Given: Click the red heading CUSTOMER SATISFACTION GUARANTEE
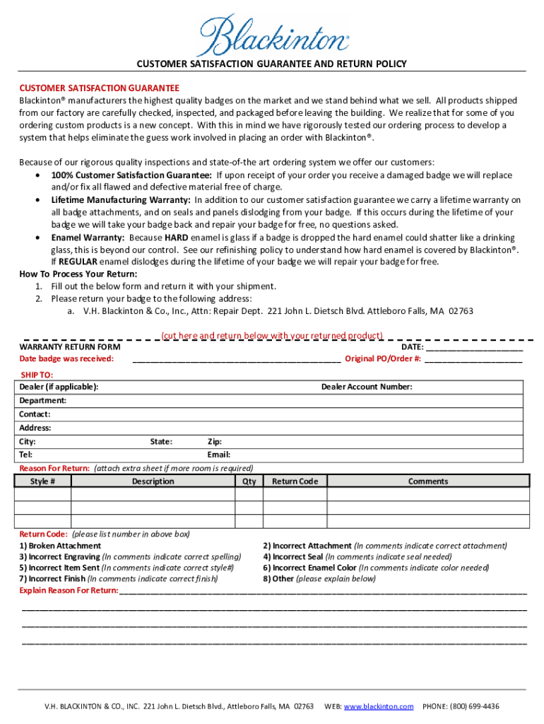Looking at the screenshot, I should (x=99, y=88).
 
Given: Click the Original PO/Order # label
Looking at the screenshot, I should (x=383, y=358).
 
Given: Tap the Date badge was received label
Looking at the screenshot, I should (x=66, y=358).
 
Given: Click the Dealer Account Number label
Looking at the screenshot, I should (x=367, y=387).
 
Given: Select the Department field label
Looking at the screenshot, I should (x=43, y=400).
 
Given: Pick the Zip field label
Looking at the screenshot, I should (x=214, y=441).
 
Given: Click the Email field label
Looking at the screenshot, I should (x=218, y=455).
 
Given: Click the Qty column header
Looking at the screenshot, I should (x=249, y=481).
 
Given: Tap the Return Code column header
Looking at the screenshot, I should (x=295, y=481).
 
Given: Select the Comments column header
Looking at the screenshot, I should (x=427, y=481).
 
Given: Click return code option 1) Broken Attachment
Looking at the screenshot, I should (x=60, y=546).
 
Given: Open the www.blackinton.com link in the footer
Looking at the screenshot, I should (x=378, y=706).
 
